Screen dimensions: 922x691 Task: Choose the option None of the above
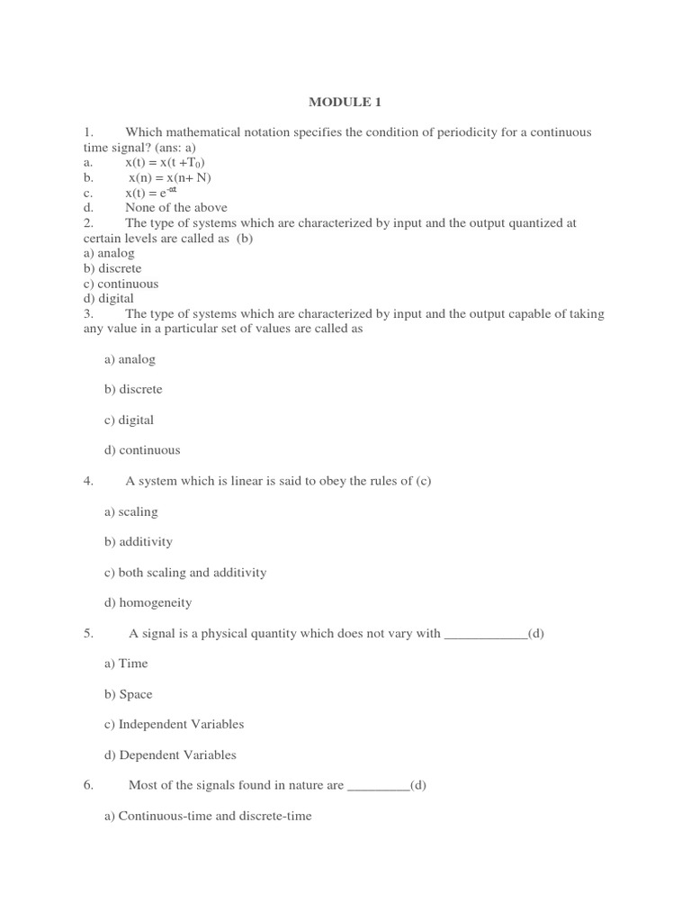coord(176,207)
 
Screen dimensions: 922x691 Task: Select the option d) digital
coord(109,299)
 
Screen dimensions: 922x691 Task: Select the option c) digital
coord(129,420)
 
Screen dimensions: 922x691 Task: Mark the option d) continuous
coord(142,450)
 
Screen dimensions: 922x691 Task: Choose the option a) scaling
coord(130,511)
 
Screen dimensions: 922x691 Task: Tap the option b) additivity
coord(139,542)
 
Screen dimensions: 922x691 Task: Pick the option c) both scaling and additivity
coord(185,573)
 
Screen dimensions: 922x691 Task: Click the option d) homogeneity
coord(148,603)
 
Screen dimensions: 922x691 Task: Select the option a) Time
coord(126,664)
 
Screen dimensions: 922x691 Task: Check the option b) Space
coord(129,694)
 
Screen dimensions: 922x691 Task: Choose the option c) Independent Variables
coord(175,725)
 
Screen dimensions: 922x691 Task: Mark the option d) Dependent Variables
coord(170,755)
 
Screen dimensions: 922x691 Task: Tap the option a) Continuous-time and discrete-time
coord(208,817)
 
